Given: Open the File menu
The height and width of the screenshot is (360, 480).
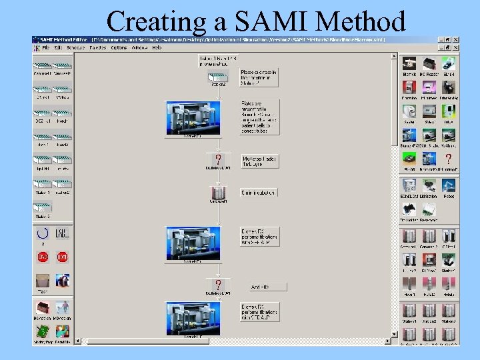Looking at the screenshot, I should pyautogui.click(x=45, y=48).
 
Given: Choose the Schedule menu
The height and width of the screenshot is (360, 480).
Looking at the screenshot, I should pyautogui.click(x=75, y=48).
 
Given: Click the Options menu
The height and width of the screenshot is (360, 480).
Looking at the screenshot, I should pyautogui.click(x=119, y=48).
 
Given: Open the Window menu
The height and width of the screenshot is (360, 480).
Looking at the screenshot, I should pyautogui.click(x=139, y=48).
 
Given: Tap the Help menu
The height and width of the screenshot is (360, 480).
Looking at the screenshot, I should pyautogui.click(x=157, y=48).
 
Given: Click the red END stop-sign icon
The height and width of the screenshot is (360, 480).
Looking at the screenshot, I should pyautogui.click(x=43, y=257).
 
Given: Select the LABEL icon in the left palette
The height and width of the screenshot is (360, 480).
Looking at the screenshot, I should pyautogui.click(x=62, y=234).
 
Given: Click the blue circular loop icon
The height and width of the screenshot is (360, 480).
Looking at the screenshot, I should pyautogui.click(x=43, y=234).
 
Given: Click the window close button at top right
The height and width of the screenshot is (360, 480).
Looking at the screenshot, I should pyautogui.click(x=455, y=39).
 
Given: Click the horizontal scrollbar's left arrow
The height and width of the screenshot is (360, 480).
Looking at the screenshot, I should pyautogui.click(x=77, y=341).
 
